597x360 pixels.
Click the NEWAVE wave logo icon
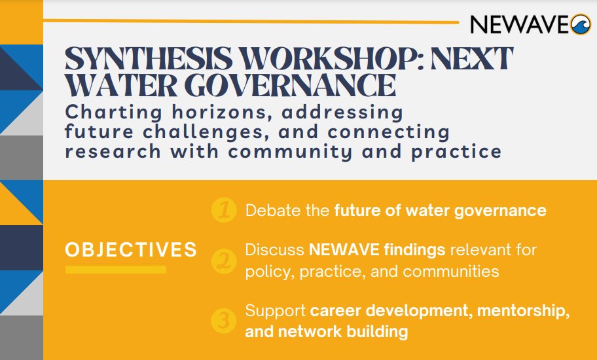coord(581,24)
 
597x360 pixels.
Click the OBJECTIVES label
coord(131,249)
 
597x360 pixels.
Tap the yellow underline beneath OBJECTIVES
coord(115,269)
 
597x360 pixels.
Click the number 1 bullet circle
coord(224,211)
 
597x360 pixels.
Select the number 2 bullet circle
coord(224,261)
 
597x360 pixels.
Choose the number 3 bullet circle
coord(224,321)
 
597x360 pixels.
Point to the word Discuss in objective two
coord(274,250)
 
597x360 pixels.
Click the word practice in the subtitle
coord(459,152)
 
